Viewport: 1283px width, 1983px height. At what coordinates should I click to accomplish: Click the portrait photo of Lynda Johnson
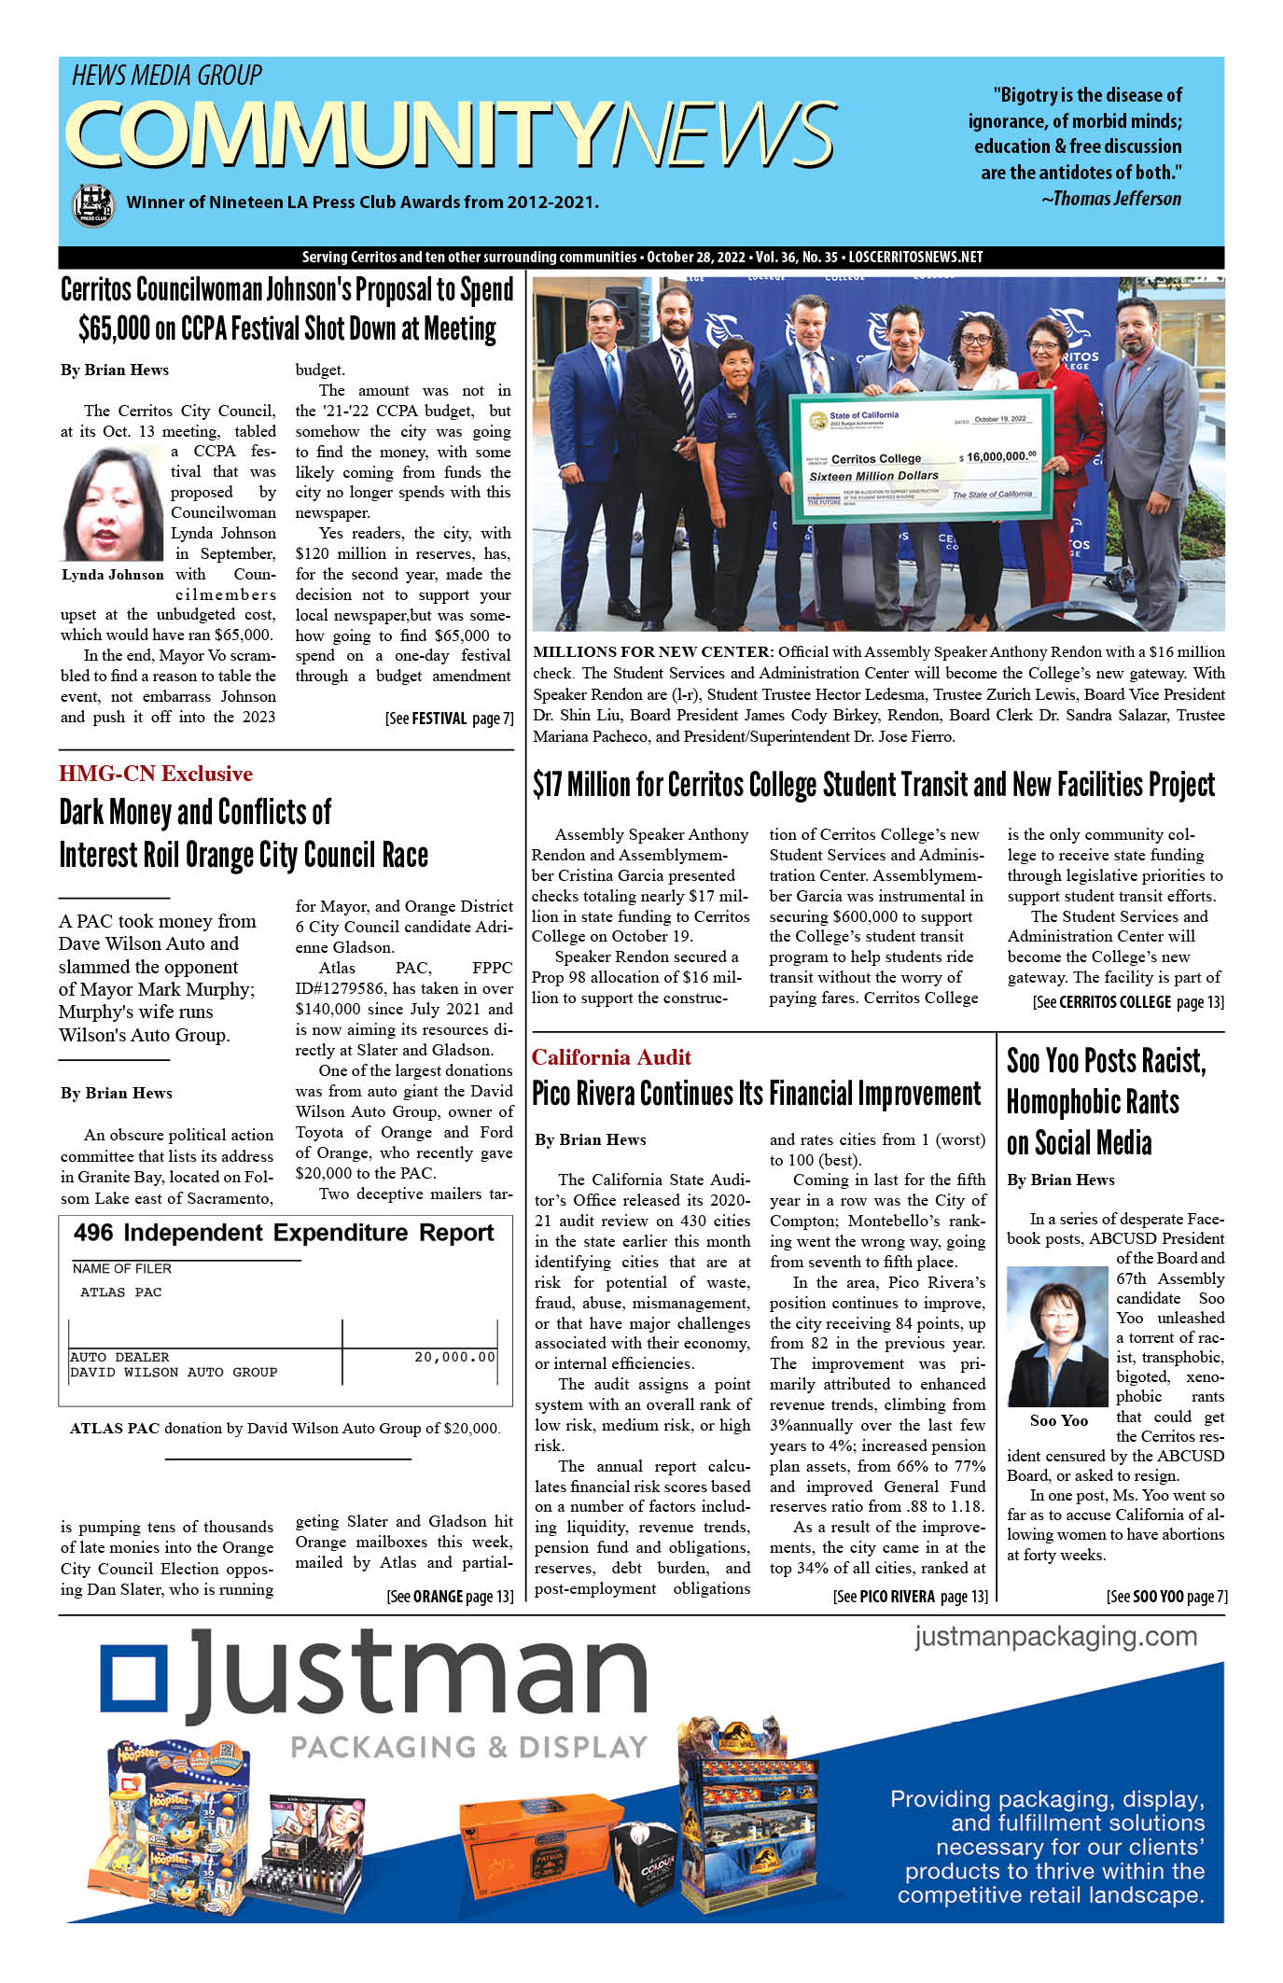pos(113,504)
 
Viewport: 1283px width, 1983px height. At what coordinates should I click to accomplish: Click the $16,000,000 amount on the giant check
pos(999,456)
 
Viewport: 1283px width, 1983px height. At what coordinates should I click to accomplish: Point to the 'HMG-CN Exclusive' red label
pos(156,774)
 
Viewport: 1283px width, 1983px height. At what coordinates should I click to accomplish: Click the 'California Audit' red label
pos(611,1056)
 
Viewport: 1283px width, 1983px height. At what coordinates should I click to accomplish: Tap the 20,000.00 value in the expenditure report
pos(454,1357)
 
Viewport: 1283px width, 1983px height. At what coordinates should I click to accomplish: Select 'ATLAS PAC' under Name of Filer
pos(121,1292)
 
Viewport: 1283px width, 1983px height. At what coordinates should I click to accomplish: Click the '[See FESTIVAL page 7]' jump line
pos(449,719)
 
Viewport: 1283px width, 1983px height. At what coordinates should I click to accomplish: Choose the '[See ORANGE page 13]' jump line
pos(450,1597)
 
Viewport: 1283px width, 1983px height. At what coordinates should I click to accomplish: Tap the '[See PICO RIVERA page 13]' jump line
pos(910,1597)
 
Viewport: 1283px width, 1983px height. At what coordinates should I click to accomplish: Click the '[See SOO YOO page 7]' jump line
pos(1166,1597)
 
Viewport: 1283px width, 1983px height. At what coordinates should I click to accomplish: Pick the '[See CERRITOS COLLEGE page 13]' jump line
pos(1127,1002)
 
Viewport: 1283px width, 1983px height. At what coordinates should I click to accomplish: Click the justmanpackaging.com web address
pos(1055,1636)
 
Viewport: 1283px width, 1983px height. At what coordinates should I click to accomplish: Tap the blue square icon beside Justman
pos(135,1681)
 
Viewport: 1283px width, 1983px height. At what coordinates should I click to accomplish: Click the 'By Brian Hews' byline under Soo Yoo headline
pos(1060,1180)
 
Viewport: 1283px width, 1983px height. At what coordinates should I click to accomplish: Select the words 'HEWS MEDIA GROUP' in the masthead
pos(167,76)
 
